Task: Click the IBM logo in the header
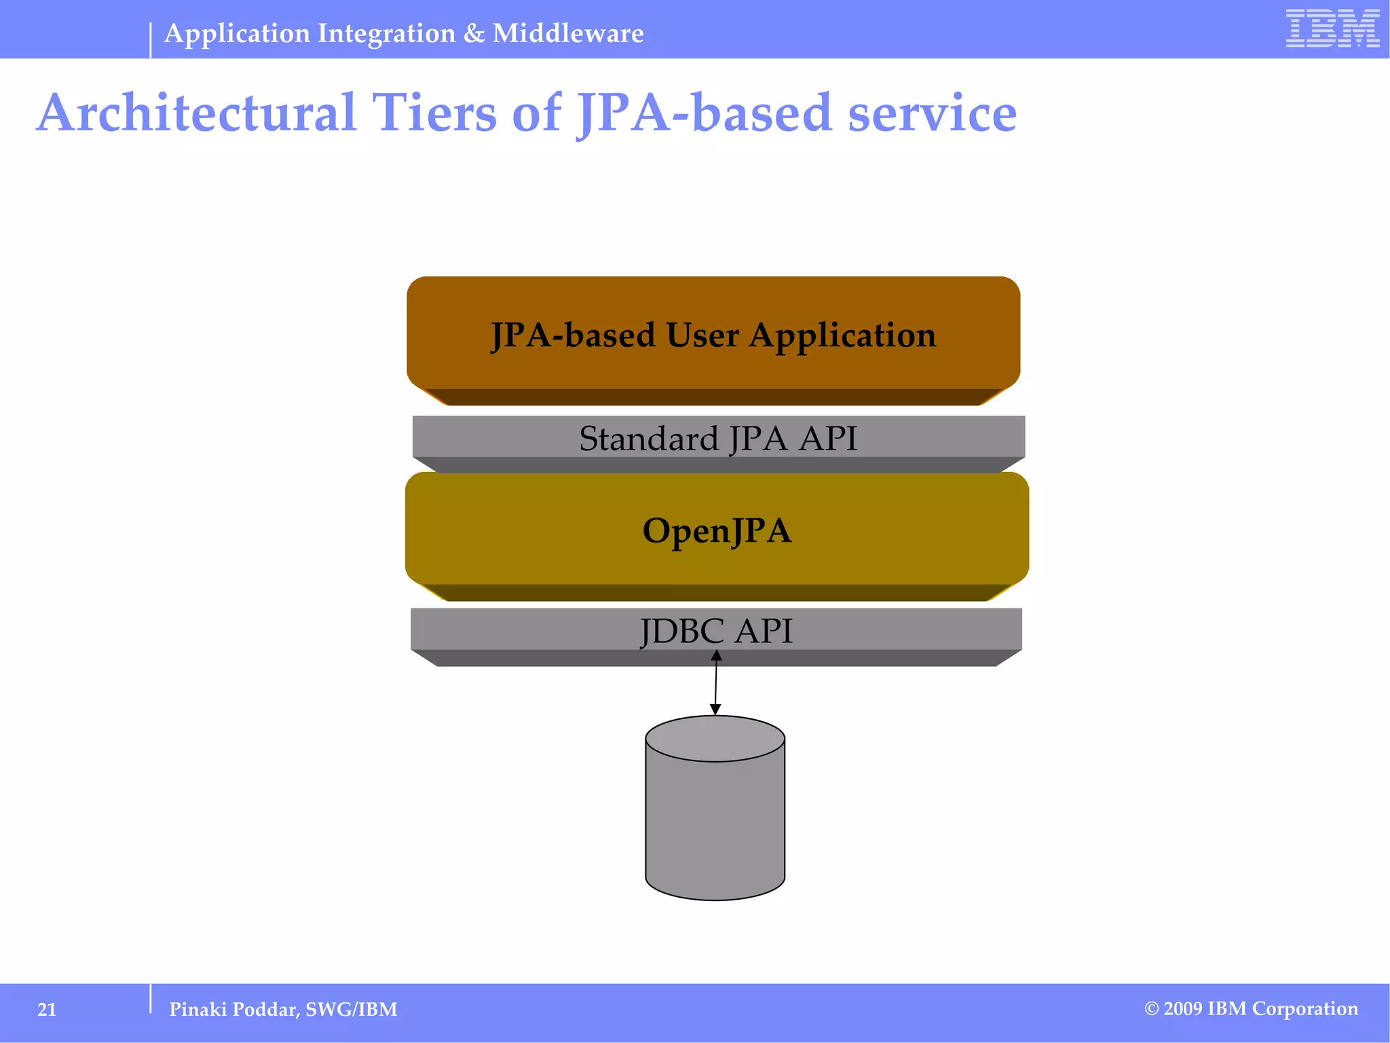(x=1332, y=29)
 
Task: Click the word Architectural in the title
(x=196, y=113)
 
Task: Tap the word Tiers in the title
(x=434, y=113)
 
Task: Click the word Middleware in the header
(x=568, y=33)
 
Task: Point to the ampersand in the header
(x=474, y=33)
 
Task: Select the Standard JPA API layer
(x=718, y=438)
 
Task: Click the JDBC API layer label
(x=716, y=631)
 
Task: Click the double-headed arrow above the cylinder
(x=715, y=682)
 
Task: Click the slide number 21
(x=47, y=1010)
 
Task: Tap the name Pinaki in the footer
(x=198, y=1010)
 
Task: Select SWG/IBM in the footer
(x=352, y=1010)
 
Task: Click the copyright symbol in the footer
(x=1151, y=1009)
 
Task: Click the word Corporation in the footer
(x=1304, y=1009)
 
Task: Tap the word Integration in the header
(x=386, y=33)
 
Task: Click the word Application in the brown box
(x=842, y=336)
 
